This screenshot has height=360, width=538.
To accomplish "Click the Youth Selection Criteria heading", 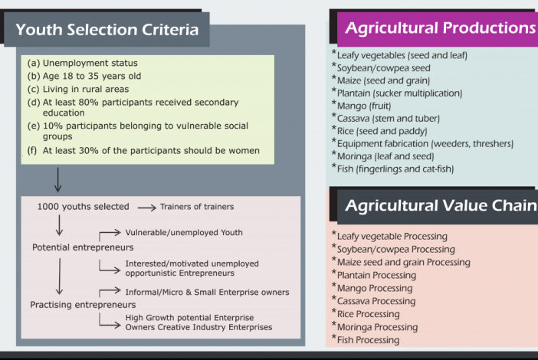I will coord(107,31).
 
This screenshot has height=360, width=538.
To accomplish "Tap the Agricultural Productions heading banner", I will coord(440,28).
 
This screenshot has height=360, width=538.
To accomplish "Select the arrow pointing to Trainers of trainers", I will coord(146,207).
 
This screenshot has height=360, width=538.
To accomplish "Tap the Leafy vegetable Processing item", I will coord(392,237).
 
